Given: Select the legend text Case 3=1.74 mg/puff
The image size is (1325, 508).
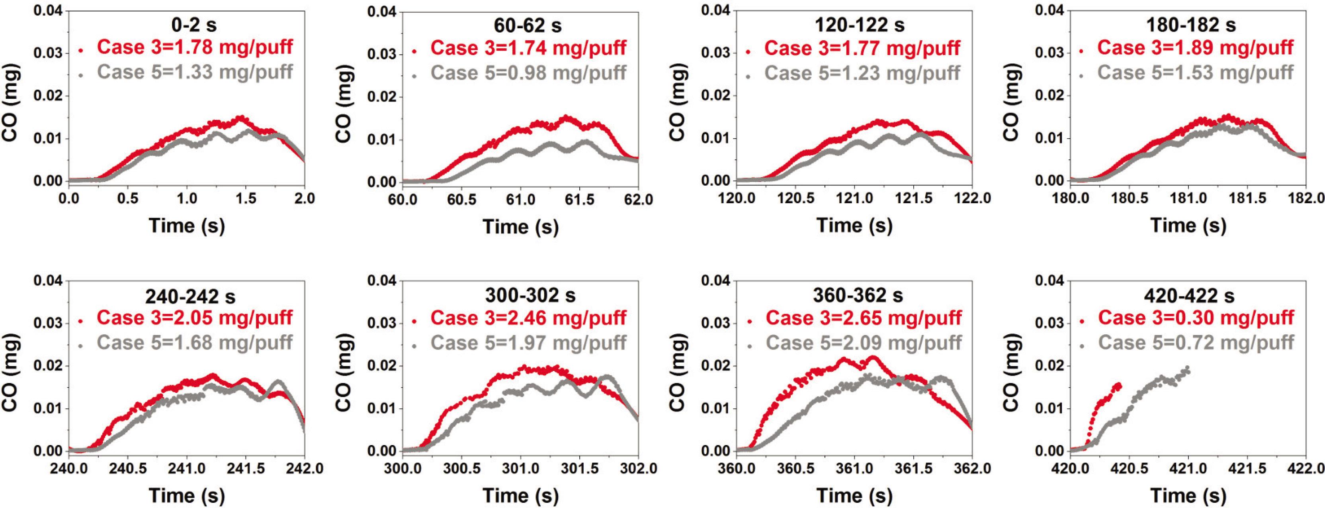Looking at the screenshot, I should tap(528, 48).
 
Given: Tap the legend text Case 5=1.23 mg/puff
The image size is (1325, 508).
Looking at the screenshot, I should tap(862, 73).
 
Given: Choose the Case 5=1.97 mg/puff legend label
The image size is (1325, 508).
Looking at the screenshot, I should tap(528, 343).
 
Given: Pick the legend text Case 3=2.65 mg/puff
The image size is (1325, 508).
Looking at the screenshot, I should tap(864, 318).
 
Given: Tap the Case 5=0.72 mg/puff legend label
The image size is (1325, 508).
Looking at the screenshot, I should tap(1196, 343).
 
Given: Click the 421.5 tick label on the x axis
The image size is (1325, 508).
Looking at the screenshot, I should tap(1256, 469).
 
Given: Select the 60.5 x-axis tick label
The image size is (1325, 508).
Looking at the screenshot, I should tap(461, 200).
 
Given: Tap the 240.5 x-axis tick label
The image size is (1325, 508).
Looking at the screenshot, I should tap(127, 469).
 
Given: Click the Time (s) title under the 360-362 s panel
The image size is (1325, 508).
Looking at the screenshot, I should tap(854, 496).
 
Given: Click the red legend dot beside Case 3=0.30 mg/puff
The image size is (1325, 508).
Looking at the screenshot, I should tap(1082, 321).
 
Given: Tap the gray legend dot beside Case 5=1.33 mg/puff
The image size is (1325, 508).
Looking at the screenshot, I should tap(81, 76).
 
